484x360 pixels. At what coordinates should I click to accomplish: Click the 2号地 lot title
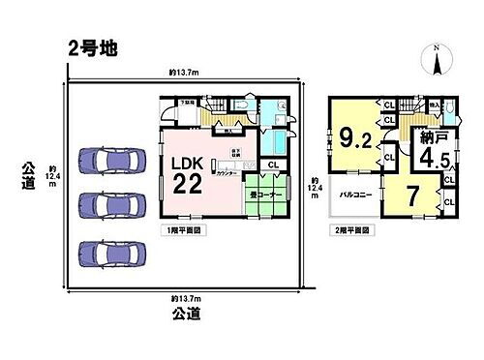pyautogui.click(x=93, y=48)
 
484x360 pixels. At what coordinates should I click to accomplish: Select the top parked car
pyautogui.click(x=106, y=161)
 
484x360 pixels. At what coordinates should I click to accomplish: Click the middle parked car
pyautogui.click(x=106, y=205)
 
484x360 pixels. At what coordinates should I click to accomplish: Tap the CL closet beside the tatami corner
pyautogui.click(x=273, y=165)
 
